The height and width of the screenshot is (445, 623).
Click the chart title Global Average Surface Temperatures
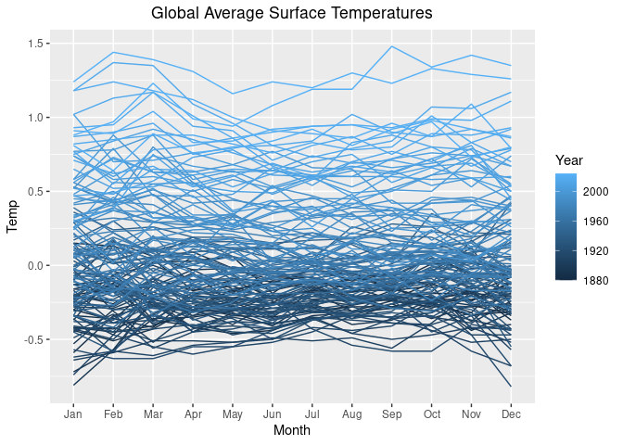tap(292, 14)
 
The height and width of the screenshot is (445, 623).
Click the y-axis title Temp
tap(14, 221)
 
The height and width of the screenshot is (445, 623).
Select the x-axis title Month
tap(292, 431)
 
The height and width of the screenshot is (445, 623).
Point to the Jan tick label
tap(73, 413)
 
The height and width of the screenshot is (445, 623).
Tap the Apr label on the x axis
tap(193, 413)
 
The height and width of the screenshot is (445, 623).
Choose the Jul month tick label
tap(312, 413)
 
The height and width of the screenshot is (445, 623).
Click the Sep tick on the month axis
tap(392, 413)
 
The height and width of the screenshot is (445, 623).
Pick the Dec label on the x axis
tap(511, 413)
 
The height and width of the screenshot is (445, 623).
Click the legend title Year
tap(567, 159)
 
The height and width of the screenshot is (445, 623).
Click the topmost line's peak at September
tap(392, 46)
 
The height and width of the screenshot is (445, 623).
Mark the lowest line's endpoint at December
tap(511, 386)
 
